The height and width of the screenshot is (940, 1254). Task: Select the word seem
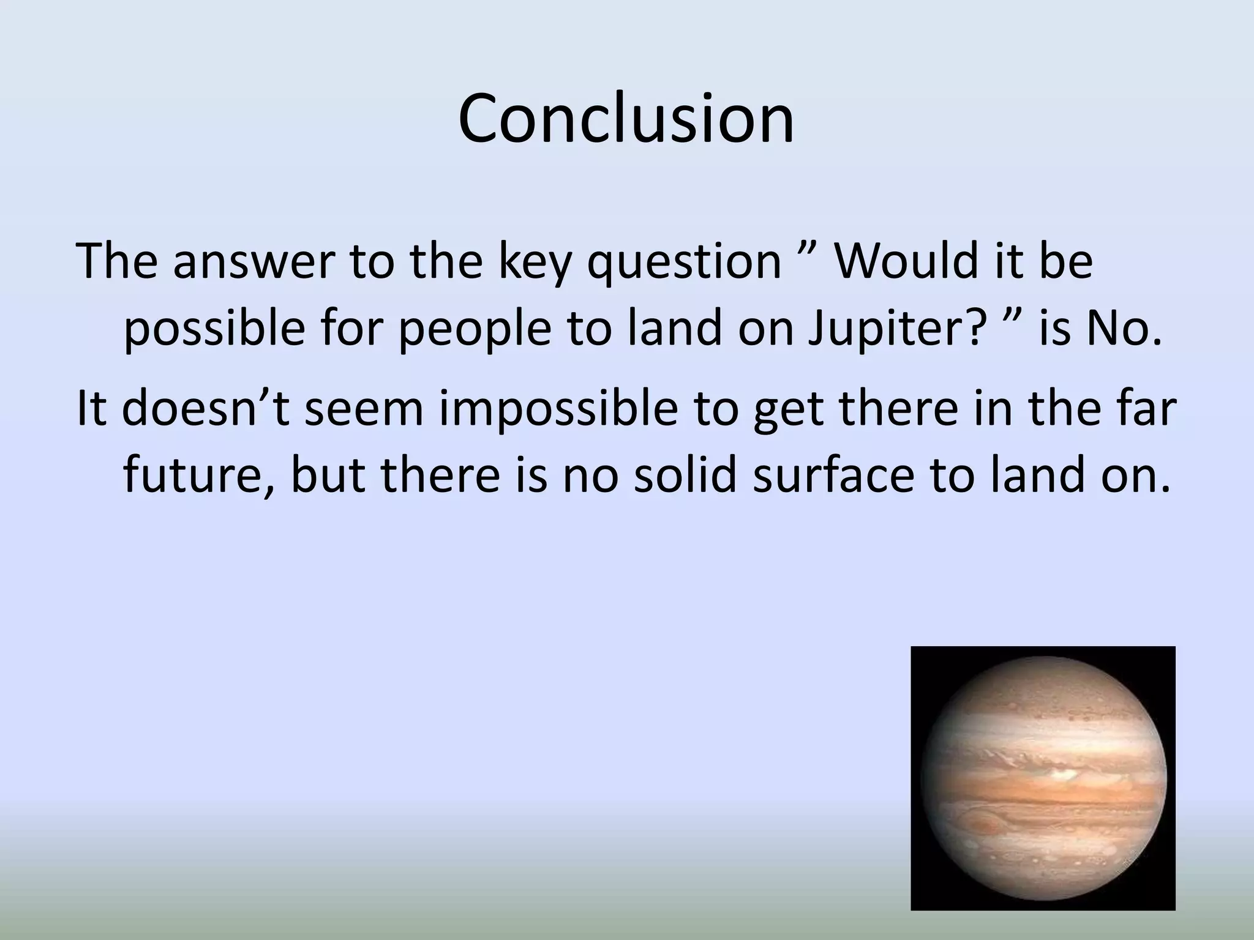pyautogui.click(x=364, y=409)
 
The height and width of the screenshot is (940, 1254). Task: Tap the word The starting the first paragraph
pyautogui.click(x=116, y=261)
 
